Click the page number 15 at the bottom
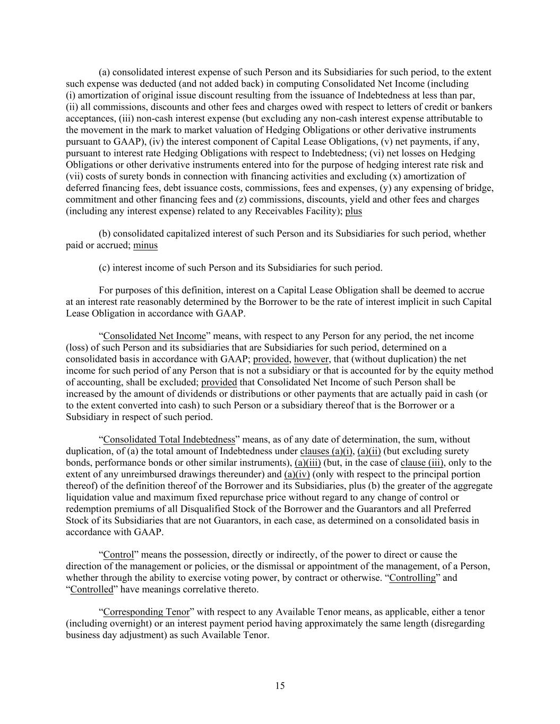click(280, 686)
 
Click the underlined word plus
click(354, 211)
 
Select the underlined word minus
click(145, 245)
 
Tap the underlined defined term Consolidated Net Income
click(154, 336)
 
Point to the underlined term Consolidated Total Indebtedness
click(169, 439)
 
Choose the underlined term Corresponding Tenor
click(146, 612)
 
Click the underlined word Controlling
click(412, 578)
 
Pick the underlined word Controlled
click(92, 589)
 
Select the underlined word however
click(312, 359)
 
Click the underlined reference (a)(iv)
click(297, 474)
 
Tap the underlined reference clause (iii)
click(422, 463)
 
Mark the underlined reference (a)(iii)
click(308, 463)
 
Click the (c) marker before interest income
click(105, 268)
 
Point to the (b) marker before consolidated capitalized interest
click(105, 233)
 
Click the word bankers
click(477, 107)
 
